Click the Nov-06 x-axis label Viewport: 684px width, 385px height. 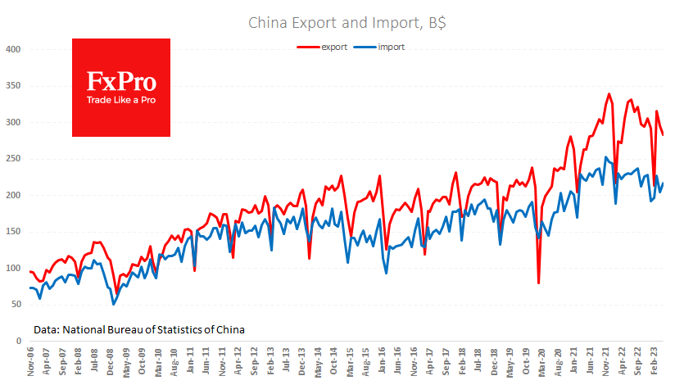[30, 360]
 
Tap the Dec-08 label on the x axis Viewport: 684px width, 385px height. [110, 360]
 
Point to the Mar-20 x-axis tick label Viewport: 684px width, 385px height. [541, 360]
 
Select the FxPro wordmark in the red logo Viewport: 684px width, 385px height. [121, 81]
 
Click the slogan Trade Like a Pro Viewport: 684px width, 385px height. [121, 100]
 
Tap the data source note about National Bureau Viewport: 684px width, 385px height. [139, 329]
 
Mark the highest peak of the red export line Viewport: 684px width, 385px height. [609, 94]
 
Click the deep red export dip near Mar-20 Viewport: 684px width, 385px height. [538, 283]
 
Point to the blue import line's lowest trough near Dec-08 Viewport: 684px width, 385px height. [114, 304]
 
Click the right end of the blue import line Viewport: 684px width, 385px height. [663, 183]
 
